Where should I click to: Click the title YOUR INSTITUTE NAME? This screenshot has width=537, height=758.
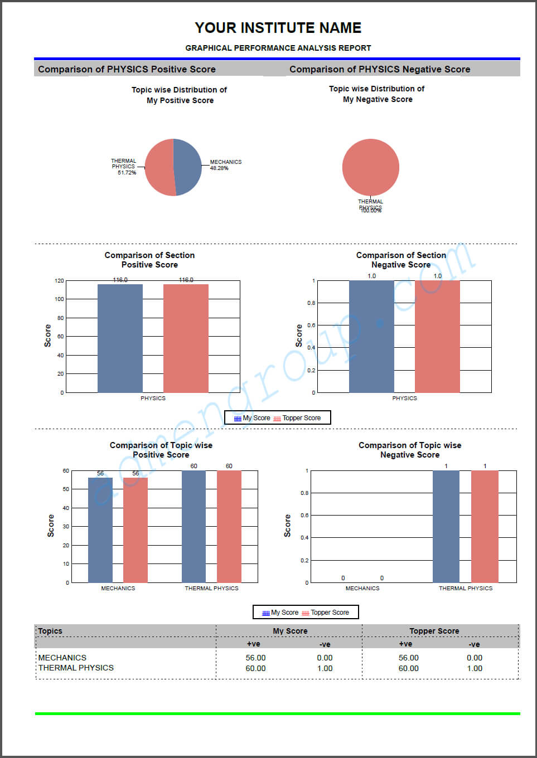pos(278,28)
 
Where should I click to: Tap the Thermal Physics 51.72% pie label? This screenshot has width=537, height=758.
pos(124,167)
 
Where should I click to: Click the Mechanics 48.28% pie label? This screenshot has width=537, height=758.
pos(225,165)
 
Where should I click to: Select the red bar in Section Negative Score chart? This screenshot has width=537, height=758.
pos(437,337)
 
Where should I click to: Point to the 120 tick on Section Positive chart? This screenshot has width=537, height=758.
pos(59,281)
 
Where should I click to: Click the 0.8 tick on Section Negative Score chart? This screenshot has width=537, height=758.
pos(311,303)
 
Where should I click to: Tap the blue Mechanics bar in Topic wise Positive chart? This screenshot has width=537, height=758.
pos(100,529)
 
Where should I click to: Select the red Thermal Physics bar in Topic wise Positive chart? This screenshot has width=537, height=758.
pos(229,526)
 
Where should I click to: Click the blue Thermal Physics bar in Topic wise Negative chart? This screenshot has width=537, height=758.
pos(446,526)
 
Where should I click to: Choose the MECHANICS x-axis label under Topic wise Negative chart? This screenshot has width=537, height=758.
pos(362,589)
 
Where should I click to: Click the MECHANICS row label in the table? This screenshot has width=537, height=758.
pos(62,658)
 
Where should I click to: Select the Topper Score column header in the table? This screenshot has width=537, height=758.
pos(434,631)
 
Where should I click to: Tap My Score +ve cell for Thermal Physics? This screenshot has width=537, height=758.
pos(255,668)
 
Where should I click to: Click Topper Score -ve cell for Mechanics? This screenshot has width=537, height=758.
pos(475,658)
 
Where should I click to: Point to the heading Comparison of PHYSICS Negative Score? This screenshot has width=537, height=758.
pos(379,69)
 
